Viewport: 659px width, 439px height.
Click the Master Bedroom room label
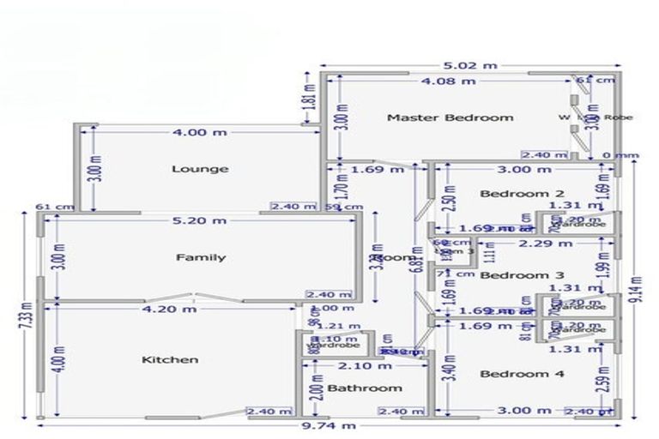point(450,117)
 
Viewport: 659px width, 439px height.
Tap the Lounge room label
point(200,169)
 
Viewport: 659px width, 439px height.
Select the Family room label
point(201,257)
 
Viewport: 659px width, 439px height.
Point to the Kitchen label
point(170,359)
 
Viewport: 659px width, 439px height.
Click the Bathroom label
point(365,388)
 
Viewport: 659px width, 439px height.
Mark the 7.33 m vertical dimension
point(28,315)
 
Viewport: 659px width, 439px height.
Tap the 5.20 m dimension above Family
point(201,221)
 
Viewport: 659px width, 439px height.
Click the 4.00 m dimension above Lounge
point(200,133)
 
